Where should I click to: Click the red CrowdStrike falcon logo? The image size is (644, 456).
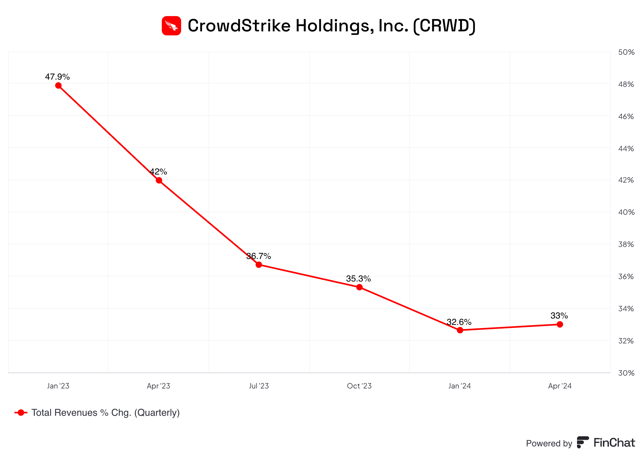tap(171, 25)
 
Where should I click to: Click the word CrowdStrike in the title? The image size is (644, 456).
tap(239, 25)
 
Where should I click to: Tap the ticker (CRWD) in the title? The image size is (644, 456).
tap(444, 25)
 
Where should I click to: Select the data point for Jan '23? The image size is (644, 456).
tap(58, 85)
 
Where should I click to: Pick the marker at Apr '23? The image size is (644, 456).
tap(159, 180)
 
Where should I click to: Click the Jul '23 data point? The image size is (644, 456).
tap(259, 265)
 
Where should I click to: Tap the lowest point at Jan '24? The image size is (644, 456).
tap(460, 330)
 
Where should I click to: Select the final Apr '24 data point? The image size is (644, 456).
tap(560, 324)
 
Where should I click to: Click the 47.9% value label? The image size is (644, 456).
tap(57, 77)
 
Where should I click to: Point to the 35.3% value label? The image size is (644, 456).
tap(358, 279)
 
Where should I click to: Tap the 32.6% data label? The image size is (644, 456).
tap(459, 322)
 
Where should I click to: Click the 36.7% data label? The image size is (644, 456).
tap(258, 256)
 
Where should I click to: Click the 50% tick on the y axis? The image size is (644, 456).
tap(626, 52)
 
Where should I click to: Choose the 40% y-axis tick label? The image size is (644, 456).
tap(626, 212)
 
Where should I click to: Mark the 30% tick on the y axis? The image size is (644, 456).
tap(626, 373)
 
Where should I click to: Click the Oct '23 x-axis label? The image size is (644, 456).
tap(359, 386)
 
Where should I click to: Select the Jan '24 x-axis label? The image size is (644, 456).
tap(459, 386)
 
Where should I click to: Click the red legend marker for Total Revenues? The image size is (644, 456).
tap(21, 413)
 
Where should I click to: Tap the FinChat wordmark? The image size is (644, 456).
tap(614, 443)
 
